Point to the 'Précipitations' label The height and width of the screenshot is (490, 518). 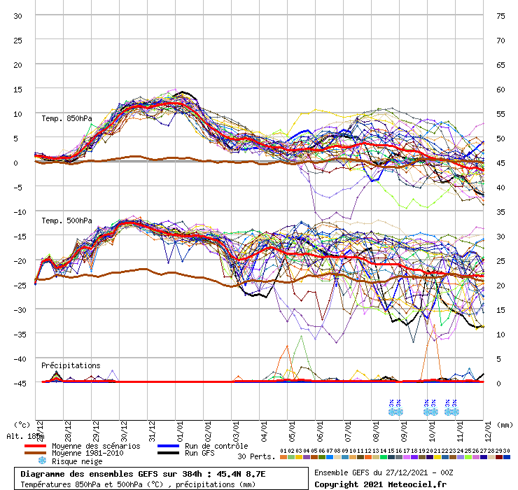click(71, 365)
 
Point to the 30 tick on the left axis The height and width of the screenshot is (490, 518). click(18, 15)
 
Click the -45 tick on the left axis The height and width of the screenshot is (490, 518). click(18, 383)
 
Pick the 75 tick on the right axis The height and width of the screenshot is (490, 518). click(501, 15)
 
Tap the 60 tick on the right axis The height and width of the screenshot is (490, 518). click(501, 90)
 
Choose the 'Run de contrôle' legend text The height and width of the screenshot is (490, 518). click(213, 446)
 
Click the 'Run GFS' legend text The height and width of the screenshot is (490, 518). click(201, 454)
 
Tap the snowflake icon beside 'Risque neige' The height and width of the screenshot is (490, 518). click(41, 461)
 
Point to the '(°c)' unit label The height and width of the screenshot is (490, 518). click(22, 425)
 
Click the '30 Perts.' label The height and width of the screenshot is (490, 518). click(256, 456)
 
